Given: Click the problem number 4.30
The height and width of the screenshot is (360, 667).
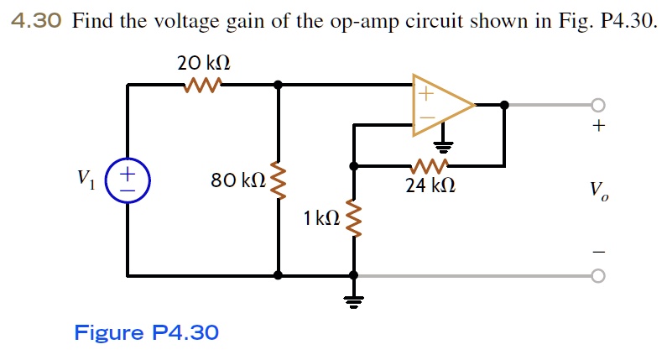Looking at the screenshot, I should click(38, 21).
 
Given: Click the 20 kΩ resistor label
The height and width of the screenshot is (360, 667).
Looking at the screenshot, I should click(203, 63).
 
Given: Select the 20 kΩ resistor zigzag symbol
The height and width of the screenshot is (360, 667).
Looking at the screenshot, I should click(202, 84).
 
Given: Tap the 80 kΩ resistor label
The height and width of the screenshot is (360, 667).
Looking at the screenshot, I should click(238, 180).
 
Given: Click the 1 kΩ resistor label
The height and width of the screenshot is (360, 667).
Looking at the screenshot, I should click(322, 219).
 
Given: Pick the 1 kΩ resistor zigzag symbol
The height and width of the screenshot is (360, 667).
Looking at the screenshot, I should click(354, 219).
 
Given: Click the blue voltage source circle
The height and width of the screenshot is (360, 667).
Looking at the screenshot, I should click(128, 181).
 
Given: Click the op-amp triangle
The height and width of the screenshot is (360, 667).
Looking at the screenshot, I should click(439, 105).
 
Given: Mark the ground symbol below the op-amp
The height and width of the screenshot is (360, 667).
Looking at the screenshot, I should click(446, 144).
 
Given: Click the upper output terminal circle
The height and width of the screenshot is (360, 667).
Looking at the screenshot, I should click(597, 105).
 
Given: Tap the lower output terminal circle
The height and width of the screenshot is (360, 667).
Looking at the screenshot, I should click(597, 275).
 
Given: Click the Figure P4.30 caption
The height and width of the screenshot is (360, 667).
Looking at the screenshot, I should click(147, 333).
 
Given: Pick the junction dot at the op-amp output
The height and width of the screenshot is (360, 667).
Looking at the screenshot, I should click(504, 105).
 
